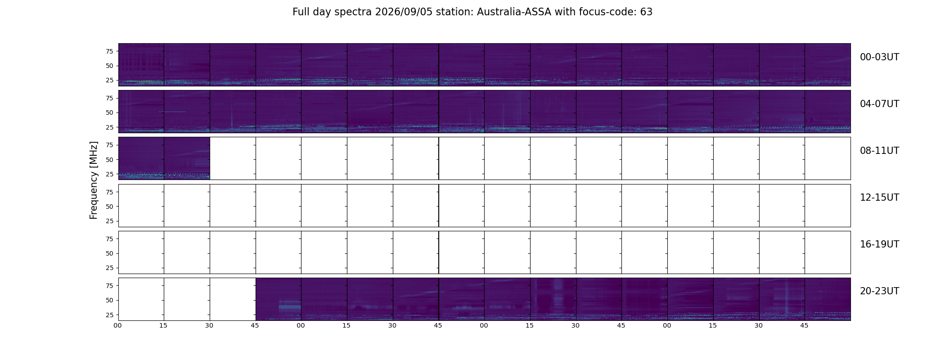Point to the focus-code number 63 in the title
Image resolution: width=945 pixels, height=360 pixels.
pos(646,12)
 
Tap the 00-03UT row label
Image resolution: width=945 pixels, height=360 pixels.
pos(879,57)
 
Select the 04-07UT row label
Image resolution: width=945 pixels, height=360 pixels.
pos(879,104)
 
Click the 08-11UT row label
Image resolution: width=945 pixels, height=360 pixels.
pos(879,151)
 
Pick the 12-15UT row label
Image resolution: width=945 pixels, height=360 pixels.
pos(879,198)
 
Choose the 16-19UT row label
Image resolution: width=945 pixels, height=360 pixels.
pos(879,244)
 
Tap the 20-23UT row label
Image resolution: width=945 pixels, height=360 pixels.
pos(879,291)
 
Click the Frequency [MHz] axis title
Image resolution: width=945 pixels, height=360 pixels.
pos(94,180)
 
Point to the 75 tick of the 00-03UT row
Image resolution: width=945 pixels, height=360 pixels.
pos(109,51)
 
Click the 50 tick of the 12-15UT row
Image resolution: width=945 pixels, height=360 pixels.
pos(109,207)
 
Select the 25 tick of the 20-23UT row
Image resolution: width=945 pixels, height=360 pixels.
pos(109,315)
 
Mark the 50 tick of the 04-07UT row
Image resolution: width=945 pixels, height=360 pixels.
pos(109,112)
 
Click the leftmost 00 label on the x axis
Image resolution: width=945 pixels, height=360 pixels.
pos(117,325)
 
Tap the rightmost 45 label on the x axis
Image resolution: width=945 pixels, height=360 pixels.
pos(804,325)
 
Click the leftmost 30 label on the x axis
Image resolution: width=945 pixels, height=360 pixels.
pos(209,325)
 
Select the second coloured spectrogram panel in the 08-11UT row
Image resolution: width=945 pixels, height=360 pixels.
pos(187,158)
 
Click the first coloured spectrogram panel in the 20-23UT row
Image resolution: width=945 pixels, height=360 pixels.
pos(279,299)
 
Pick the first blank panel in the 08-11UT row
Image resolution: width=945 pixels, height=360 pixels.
pos(233,158)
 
